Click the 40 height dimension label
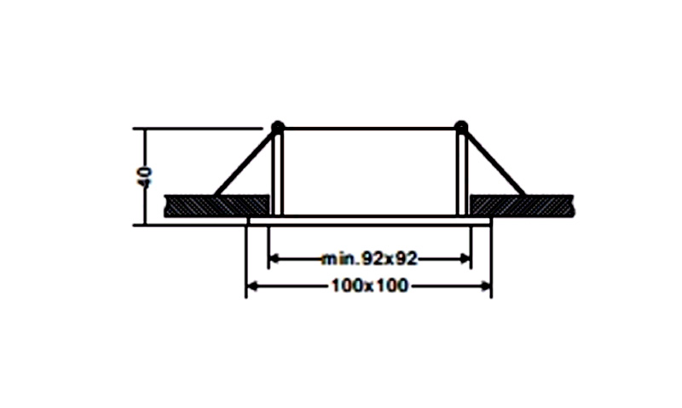click(x=145, y=177)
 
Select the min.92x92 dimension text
click(x=369, y=259)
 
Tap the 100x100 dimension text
click(x=370, y=286)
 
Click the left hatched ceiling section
click(x=217, y=206)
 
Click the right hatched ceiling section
click(x=522, y=206)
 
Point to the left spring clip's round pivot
click(x=278, y=127)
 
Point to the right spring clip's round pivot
click(x=461, y=127)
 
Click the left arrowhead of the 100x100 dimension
click(x=252, y=286)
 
